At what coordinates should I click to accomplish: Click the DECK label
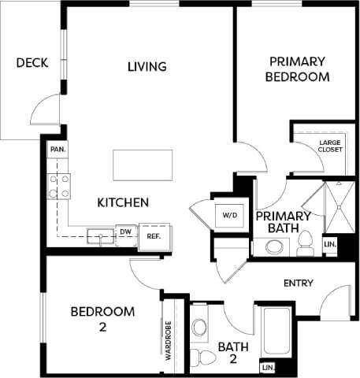click(x=32, y=62)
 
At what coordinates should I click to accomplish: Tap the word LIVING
click(x=147, y=66)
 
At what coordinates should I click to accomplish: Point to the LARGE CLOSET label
click(x=330, y=145)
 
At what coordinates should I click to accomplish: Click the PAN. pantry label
click(x=57, y=149)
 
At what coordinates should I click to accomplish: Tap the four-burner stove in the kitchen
click(x=59, y=186)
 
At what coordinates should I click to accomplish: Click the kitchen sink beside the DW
click(x=100, y=234)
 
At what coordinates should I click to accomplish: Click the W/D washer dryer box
click(x=231, y=213)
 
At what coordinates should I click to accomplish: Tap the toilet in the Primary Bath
click(x=306, y=244)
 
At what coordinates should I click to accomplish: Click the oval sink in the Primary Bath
click(x=274, y=246)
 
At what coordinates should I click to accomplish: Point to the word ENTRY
click(x=298, y=283)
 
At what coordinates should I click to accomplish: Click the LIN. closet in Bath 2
click(x=268, y=368)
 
